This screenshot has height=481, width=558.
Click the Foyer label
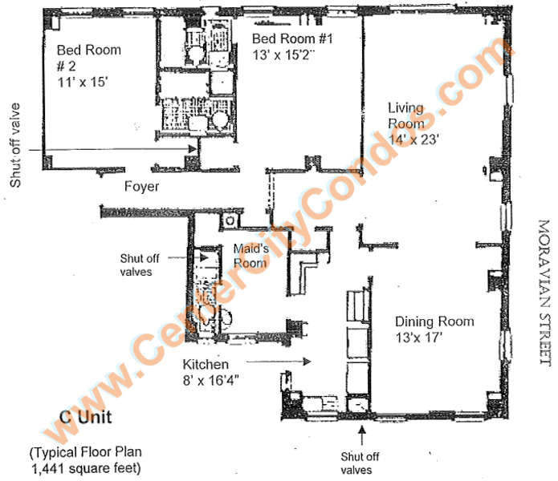141,187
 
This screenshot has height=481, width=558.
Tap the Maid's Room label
250,256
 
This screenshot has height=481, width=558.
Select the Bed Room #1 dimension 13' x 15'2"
284,55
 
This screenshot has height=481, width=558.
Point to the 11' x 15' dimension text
83,82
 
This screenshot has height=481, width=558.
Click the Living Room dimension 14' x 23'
413,139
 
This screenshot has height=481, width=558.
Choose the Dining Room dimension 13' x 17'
419,338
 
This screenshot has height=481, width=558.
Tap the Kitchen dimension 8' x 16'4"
210,381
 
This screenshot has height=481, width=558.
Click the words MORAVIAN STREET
544,292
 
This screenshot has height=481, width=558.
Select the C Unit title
86,417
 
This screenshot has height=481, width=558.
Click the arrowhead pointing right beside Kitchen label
307,362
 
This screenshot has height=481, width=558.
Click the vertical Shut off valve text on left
15,145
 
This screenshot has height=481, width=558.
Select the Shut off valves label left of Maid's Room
140,265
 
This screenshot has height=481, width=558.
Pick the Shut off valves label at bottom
360,463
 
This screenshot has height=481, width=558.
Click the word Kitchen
206,365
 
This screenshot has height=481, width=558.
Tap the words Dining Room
434,321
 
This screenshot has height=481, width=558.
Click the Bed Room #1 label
292,38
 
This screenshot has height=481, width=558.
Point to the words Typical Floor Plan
86,452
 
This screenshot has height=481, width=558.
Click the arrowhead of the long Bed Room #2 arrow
193,149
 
